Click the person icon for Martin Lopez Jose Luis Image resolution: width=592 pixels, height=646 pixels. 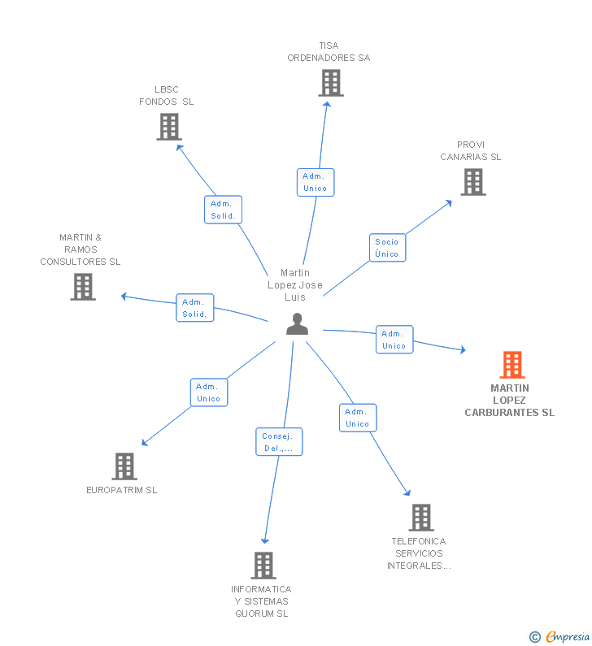click(x=298, y=324)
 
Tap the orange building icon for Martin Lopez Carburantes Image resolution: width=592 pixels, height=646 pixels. click(x=511, y=365)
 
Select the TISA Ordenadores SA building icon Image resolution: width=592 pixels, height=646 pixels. click(x=330, y=83)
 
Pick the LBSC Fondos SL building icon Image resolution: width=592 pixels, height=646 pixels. click(x=168, y=127)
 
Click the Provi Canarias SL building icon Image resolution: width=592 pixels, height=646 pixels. click(x=472, y=182)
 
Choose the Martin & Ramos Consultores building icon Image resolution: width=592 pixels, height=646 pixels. click(x=82, y=287)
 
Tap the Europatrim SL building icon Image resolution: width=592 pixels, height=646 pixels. click(x=124, y=466)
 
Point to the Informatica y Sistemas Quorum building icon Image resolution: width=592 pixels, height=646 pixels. click(x=263, y=566)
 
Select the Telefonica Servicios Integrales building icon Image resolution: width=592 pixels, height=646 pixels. click(x=420, y=518)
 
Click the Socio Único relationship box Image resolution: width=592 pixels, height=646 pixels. click(x=387, y=248)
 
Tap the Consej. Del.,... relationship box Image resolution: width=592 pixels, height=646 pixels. click(x=279, y=442)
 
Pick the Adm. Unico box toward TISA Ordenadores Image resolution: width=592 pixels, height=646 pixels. click(x=315, y=182)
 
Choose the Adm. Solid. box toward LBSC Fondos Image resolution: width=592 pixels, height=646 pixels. click(x=223, y=210)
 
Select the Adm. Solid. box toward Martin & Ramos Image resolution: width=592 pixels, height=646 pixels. click(x=195, y=308)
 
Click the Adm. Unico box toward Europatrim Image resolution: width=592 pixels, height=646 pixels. click(x=209, y=392)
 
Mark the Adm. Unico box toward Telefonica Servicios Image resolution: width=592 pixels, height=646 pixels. click(x=357, y=418)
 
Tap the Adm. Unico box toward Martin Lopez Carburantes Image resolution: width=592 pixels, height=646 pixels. click(x=394, y=340)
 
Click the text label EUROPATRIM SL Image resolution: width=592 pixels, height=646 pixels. click(x=122, y=490)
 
